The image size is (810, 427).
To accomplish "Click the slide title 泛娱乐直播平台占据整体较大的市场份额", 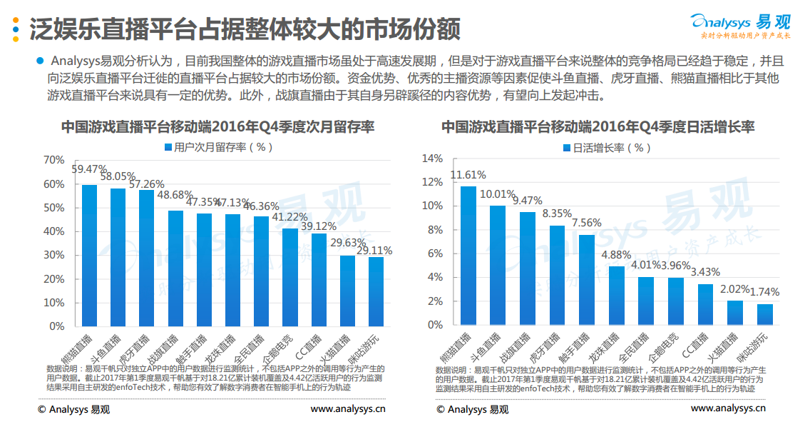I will pyautogui.click(x=244, y=29).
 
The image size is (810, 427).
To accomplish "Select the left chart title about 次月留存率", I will pyautogui.click(x=217, y=126).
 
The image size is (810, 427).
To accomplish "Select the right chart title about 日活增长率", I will pyautogui.click(x=598, y=126).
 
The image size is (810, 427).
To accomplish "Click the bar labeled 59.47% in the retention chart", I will pyautogui.click(x=90, y=255).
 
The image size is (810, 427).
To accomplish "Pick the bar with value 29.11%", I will pyautogui.click(x=376, y=291).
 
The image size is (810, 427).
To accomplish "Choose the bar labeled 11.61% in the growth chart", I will pyautogui.click(x=468, y=255).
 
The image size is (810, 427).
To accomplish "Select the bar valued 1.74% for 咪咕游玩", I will pyautogui.click(x=764, y=314).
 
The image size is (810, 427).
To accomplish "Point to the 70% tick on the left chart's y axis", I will pyautogui.click(x=53, y=159).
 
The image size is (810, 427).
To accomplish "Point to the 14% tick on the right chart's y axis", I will pyautogui.click(x=433, y=159).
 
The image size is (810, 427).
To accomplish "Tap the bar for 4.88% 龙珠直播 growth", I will pyautogui.click(x=616, y=295).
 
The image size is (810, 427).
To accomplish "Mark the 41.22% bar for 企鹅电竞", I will pyautogui.click(x=289, y=276).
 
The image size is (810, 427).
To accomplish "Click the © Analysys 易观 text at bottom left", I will pyautogui.click(x=74, y=409).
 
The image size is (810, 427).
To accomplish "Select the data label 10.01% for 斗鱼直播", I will pyautogui.click(x=497, y=194).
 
